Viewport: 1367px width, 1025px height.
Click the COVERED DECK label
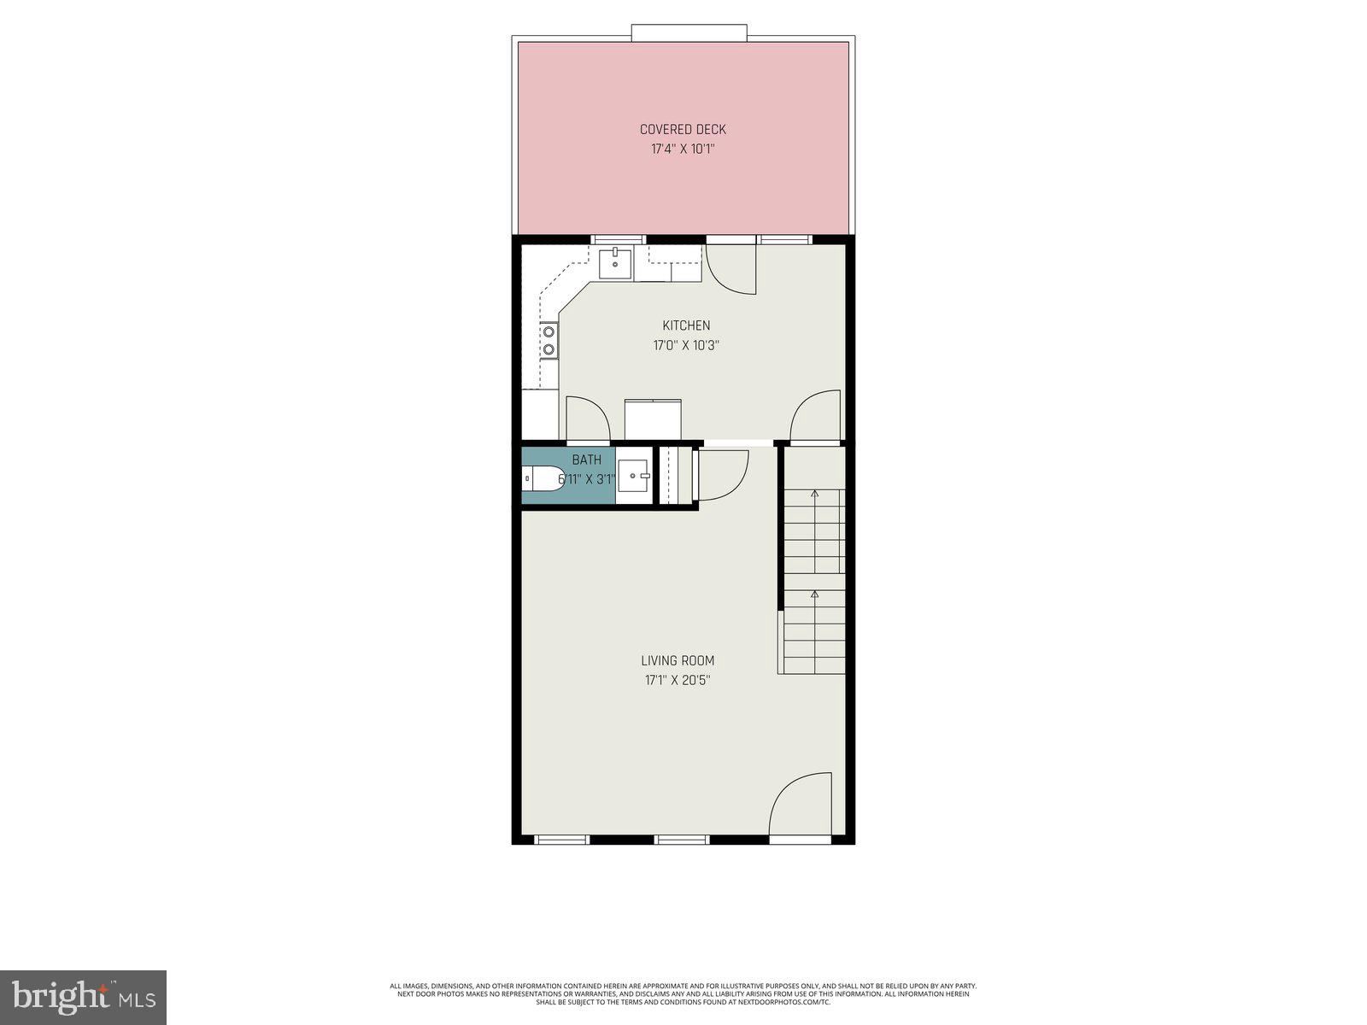[683, 130]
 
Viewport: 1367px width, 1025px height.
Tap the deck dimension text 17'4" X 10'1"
[683, 149]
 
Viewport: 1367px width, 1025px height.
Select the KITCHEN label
[686, 325]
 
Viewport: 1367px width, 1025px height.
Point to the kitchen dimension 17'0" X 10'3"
[686, 346]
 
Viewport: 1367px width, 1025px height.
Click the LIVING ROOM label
[678, 660]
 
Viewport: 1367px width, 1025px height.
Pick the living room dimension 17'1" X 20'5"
[678, 681]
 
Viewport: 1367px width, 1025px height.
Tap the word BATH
[587, 460]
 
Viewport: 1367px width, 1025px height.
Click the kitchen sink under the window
[615, 263]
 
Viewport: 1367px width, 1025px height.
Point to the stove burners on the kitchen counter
[549, 340]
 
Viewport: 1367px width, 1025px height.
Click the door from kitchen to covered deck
[731, 269]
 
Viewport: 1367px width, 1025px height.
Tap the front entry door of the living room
[801, 805]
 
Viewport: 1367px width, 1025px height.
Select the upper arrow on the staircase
[814, 494]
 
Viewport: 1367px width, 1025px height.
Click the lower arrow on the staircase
[814, 594]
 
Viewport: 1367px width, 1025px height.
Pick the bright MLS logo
[83, 997]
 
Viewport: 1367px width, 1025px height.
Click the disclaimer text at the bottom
[683, 993]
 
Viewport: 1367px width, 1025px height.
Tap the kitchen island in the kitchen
[654, 419]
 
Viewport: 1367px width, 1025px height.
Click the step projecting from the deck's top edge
[689, 32]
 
